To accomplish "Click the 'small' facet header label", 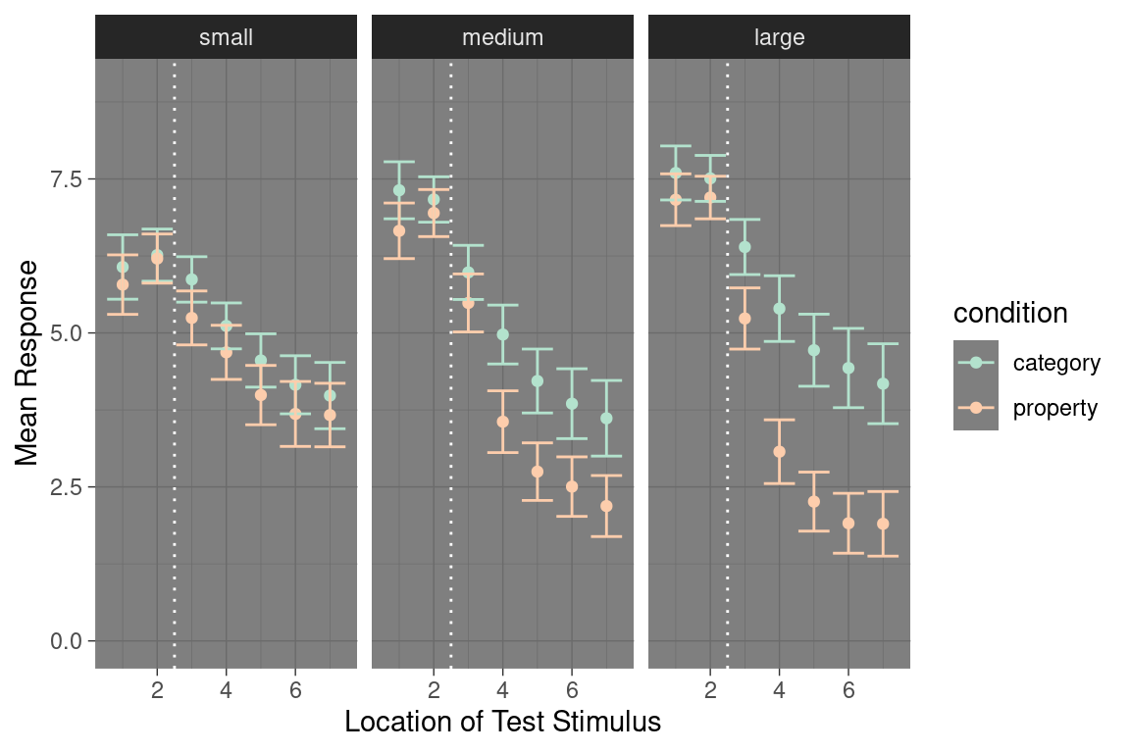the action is point(226,36).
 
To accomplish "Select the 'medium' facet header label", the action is point(502,36).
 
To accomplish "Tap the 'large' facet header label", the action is point(779,37).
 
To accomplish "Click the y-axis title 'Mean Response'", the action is point(26,363).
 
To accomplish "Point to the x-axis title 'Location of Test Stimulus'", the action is point(502,722).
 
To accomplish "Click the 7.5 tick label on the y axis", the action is point(66,178).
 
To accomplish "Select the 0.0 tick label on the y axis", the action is point(66,640).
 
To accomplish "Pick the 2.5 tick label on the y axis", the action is point(66,486).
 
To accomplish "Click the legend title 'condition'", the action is point(1010,313).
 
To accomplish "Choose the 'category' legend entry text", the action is point(1056,363).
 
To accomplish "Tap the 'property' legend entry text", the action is point(1055,409).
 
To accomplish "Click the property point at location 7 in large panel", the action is point(883,524).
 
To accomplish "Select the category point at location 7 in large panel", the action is point(883,384).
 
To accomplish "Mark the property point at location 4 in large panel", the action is point(779,452).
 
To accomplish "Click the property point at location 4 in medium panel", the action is point(502,422).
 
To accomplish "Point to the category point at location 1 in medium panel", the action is point(398,190).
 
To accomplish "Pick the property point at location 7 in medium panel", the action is point(606,507).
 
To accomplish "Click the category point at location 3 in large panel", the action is point(745,247).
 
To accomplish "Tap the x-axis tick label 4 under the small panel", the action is point(226,690).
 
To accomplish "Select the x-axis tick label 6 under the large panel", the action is point(848,690).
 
